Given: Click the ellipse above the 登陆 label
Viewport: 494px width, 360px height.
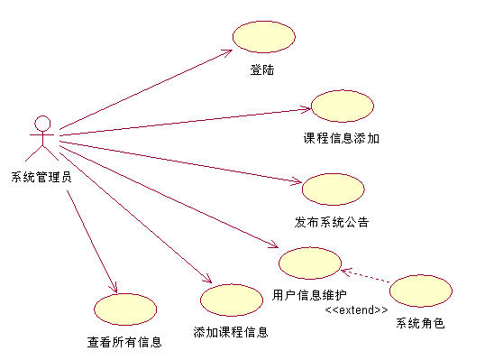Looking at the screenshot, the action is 264,37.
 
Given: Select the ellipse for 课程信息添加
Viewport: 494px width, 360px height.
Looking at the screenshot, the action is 343,106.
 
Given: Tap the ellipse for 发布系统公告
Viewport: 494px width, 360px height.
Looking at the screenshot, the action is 334,189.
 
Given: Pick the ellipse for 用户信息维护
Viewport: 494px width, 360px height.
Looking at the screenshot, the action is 310,263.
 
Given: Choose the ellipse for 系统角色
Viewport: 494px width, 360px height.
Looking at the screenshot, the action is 421,291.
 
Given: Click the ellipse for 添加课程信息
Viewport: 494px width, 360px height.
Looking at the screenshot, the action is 232,300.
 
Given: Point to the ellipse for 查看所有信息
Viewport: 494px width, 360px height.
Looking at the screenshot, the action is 125,309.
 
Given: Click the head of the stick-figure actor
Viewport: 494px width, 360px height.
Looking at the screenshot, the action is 42,124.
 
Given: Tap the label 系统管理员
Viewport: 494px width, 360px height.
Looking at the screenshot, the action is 41,177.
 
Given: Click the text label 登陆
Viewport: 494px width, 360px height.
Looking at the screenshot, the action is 262,69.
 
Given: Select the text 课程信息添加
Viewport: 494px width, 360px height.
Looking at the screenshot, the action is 341,138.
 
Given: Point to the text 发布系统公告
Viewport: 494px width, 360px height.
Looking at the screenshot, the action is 332,222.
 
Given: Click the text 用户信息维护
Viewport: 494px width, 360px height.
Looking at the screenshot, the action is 309,295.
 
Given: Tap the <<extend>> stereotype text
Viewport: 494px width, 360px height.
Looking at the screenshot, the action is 356,309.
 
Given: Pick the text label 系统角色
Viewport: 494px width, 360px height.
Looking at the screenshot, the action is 421,323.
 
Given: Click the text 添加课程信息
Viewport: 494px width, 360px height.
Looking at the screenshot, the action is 231,332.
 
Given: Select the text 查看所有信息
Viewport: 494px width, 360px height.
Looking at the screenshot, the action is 124,342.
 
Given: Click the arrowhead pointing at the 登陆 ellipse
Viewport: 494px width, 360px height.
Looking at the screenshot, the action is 227,52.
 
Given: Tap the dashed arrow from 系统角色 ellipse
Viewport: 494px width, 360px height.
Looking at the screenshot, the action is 365,276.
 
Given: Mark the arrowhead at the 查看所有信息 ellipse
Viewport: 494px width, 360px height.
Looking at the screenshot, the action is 114,288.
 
